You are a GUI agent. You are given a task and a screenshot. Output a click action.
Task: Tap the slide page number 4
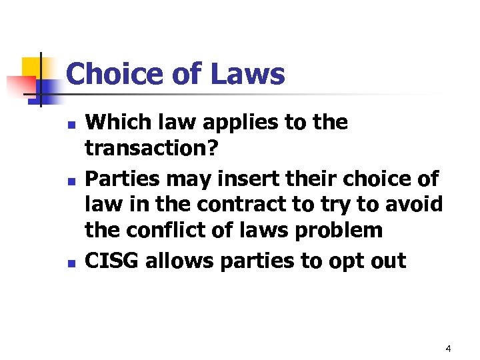coord(448,348)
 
